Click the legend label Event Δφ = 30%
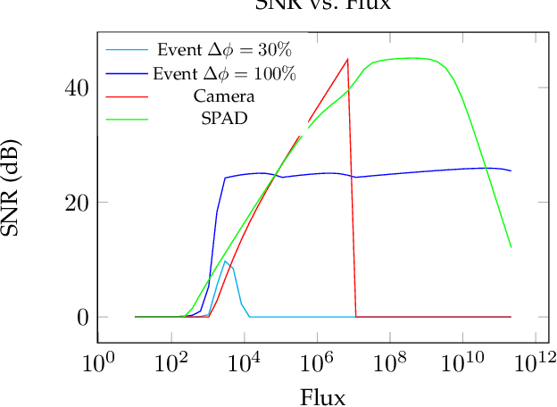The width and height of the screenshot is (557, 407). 224,49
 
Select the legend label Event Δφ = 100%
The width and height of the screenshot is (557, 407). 224,73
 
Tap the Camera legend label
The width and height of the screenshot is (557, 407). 224,96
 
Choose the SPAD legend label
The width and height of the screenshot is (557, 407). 224,119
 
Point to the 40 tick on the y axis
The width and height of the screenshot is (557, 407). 75,88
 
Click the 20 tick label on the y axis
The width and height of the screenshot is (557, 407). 75,203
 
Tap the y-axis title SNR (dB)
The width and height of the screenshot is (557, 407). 19,187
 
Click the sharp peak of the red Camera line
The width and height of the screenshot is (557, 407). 347,59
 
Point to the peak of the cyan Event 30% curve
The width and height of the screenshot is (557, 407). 226,261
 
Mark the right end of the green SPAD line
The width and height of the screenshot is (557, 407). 511,247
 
